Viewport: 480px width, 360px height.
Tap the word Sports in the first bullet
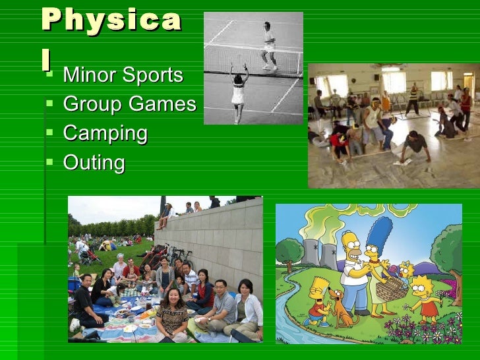coord(150,75)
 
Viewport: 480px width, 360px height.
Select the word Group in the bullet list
coord(93,104)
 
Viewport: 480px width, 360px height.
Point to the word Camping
coord(105,134)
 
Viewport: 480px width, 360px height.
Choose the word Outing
coord(94,163)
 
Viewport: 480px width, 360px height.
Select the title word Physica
coord(111,20)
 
